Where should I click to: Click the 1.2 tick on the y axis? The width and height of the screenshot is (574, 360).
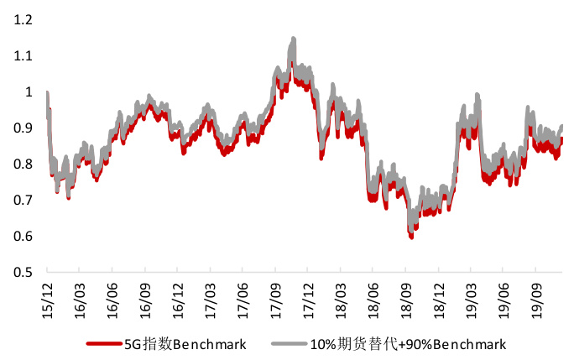pyautogui.click(x=22, y=19)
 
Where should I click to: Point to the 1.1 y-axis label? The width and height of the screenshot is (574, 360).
pyautogui.click(x=22, y=55)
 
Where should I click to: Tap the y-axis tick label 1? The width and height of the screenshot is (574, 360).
pyautogui.click(x=29, y=91)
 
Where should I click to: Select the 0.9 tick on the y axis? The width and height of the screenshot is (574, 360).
pyautogui.click(x=22, y=128)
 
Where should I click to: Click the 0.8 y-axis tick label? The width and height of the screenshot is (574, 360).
pyautogui.click(x=22, y=164)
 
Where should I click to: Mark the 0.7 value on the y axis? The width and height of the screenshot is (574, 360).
pyautogui.click(x=22, y=200)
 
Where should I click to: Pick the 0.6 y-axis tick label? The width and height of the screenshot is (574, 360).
pyautogui.click(x=22, y=236)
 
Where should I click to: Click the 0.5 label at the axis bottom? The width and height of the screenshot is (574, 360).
pyautogui.click(x=22, y=272)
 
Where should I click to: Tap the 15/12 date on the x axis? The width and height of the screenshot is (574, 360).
pyautogui.click(x=46, y=295)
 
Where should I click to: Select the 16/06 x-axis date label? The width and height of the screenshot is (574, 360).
pyautogui.click(x=112, y=295)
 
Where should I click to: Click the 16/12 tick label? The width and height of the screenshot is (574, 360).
pyautogui.click(x=176, y=295)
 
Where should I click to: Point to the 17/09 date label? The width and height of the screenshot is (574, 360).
pyautogui.click(x=274, y=295)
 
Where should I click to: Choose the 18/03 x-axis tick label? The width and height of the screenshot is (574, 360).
pyautogui.click(x=340, y=295)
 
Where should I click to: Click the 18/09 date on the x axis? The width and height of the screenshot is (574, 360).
pyautogui.click(x=405, y=295)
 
